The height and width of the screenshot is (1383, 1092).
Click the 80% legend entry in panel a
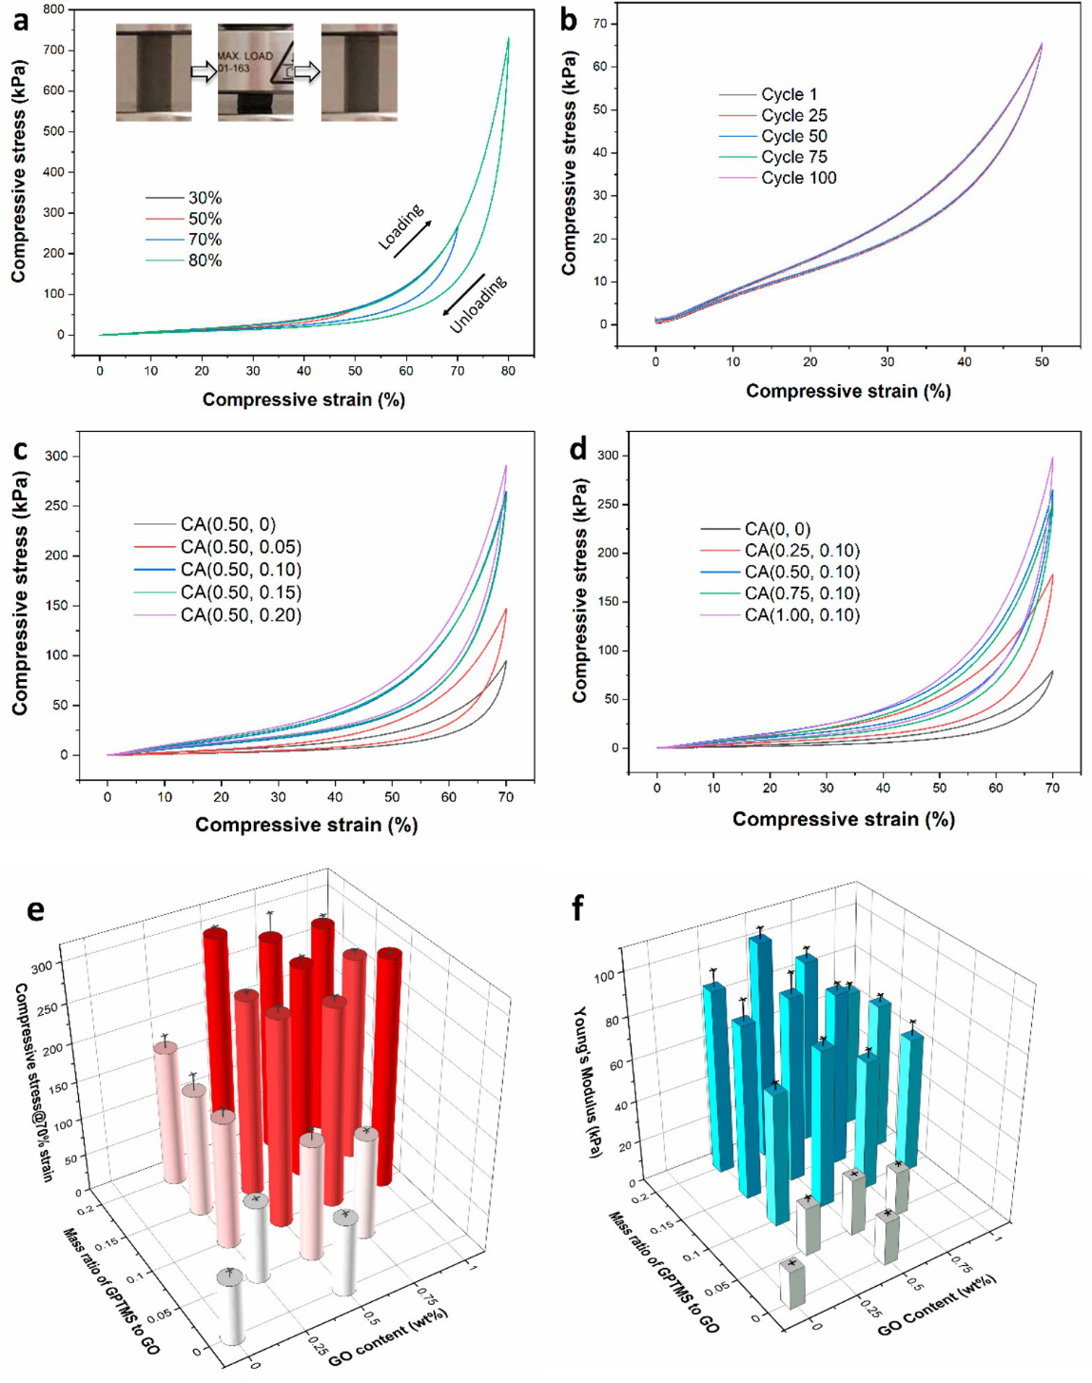[x=205, y=261]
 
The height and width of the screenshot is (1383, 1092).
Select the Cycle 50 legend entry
[x=793, y=136]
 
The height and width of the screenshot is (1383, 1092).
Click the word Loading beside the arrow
[x=401, y=227]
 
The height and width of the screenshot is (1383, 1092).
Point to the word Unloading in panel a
[x=478, y=304]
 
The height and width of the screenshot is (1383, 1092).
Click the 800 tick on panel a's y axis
[x=53, y=10]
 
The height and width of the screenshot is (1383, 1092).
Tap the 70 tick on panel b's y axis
[x=600, y=24]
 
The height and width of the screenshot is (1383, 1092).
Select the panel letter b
[x=569, y=20]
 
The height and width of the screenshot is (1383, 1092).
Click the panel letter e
[x=35, y=910]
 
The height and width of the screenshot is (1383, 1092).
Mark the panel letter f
[x=577, y=908]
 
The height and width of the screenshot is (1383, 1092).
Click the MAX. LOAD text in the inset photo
[x=245, y=56]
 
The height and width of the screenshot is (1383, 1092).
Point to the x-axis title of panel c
[x=306, y=825]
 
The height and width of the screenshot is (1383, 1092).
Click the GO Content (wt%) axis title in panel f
[x=936, y=1303]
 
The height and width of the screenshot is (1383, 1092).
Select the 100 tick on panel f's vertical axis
[x=604, y=975]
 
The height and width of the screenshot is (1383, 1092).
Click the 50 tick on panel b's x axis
[x=1042, y=361]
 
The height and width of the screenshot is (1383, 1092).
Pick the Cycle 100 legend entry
[x=798, y=178]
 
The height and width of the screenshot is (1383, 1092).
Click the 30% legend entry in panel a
[x=205, y=198]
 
